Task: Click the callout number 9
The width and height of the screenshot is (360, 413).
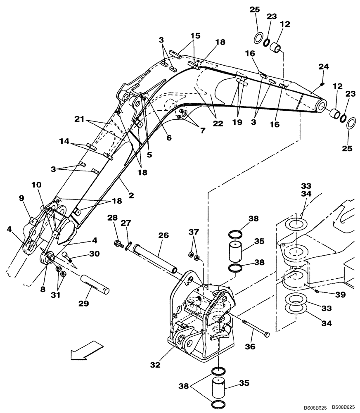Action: pos(22,198)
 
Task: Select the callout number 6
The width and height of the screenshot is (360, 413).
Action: pos(169,138)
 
